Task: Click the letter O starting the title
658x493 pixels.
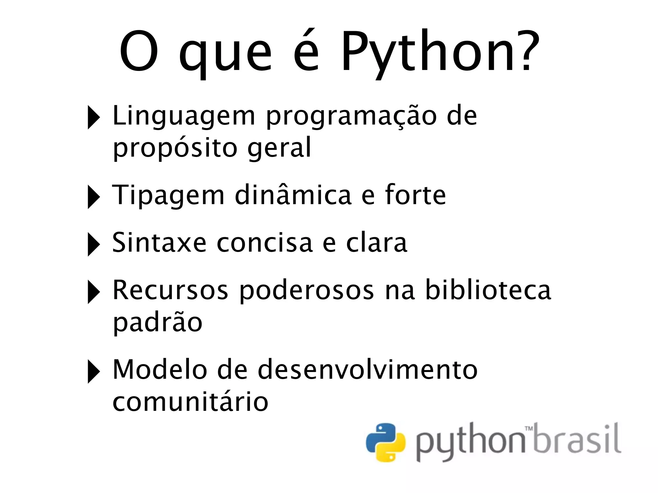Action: pos(139,51)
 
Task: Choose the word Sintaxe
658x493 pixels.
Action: pos(159,243)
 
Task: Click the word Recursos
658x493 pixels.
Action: pos(171,290)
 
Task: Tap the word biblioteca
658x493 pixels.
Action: pos(488,290)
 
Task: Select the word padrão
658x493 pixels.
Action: pos(157,322)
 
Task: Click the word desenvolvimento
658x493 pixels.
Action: pos(368,370)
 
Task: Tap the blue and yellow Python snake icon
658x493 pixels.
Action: pos(386,443)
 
